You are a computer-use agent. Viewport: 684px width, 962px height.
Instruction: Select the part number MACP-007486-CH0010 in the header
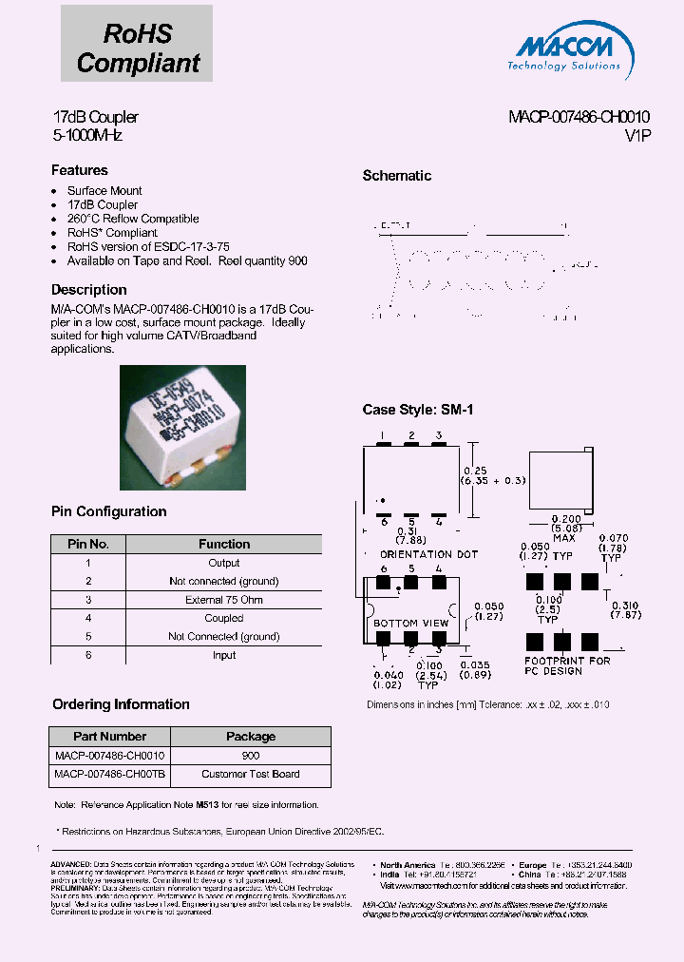point(579,117)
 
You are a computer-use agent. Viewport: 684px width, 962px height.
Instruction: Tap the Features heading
point(79,170)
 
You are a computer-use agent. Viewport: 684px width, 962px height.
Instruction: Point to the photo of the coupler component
point(182,428)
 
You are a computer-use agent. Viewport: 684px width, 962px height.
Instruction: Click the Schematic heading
point(397,176)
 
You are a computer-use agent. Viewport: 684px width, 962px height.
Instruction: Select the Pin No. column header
point(87,545)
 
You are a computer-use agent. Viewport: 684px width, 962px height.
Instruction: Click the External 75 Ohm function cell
point(224,600)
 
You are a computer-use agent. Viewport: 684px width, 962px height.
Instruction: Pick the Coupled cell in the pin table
point(224,618)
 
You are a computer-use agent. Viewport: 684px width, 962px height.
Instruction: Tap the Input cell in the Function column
point(224,655)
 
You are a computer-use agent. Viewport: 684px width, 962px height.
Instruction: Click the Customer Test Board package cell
point(250,774)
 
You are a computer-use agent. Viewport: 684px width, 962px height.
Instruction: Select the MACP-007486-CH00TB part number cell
point(109,774)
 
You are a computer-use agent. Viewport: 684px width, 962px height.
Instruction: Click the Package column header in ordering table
point(250,737)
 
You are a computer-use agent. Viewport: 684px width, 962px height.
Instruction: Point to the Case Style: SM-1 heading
point(417,410)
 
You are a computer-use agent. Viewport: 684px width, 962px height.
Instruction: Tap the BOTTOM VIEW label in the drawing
point(409,624)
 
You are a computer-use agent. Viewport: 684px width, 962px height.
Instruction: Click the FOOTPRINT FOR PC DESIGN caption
point(567,665)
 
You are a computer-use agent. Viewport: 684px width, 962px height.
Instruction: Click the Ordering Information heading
point(121,704)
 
